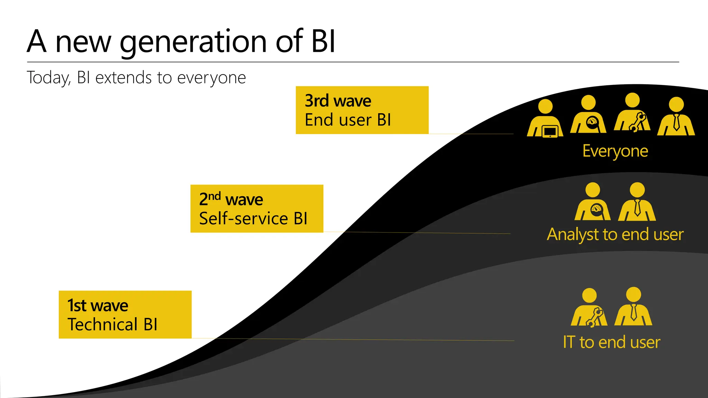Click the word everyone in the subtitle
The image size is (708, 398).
211,78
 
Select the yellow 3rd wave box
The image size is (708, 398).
362,110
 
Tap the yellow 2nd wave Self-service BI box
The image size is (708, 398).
257,209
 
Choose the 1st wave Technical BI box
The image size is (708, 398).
125,314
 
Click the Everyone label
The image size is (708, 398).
615,151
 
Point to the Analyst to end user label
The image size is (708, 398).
615,235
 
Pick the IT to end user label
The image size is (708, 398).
611,342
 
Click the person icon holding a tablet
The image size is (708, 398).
545,119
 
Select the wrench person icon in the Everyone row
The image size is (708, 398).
632,114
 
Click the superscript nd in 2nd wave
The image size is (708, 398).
214,196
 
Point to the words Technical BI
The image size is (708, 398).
112,324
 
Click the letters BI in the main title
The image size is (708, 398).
323,42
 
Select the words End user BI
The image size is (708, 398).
347,120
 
